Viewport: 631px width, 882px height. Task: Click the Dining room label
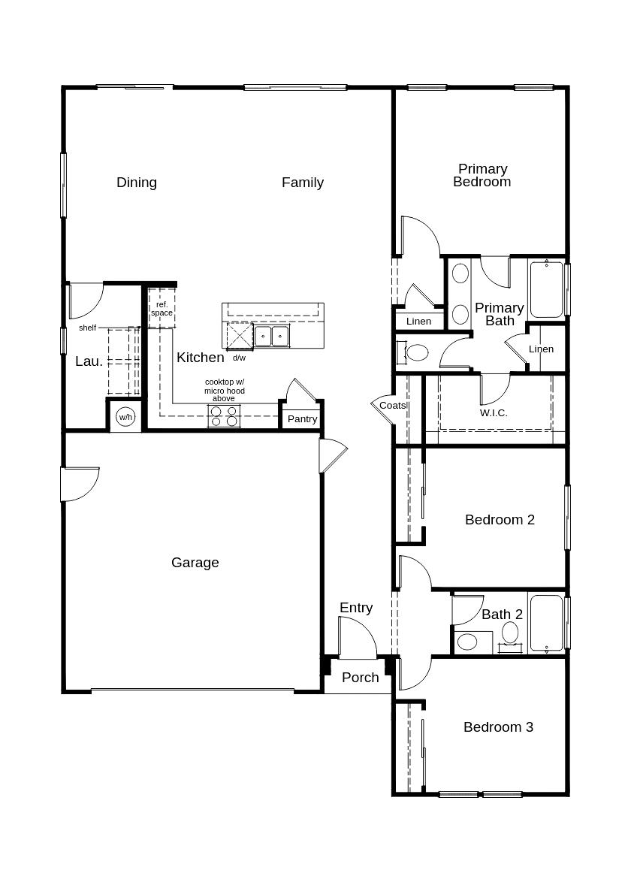[137, 183]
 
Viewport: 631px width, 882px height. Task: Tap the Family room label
[303, 183]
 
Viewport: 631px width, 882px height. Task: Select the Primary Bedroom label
[482, 175]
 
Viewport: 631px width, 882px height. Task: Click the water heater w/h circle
[125, 417]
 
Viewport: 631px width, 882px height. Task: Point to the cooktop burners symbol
[224, 416]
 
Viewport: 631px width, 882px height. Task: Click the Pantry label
[302, 419]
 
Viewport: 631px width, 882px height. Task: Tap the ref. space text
[162, 308]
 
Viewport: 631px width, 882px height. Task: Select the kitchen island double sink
[271, 335]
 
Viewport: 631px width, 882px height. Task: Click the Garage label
[195, 563]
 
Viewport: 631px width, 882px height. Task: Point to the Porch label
[360, 678]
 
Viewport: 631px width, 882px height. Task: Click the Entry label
[355, 608]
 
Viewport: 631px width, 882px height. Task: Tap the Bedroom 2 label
[500, 520]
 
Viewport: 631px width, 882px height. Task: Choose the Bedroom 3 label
[498, 727]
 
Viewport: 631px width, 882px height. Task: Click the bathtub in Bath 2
[546, 623]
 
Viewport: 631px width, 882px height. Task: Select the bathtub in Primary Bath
[546, 289]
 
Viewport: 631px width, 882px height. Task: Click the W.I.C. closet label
[494, 413]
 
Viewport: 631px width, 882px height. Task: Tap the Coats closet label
[392, 406]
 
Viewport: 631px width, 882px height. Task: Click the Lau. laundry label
[89, 361]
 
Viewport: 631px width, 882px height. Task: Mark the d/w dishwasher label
[239, 358]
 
